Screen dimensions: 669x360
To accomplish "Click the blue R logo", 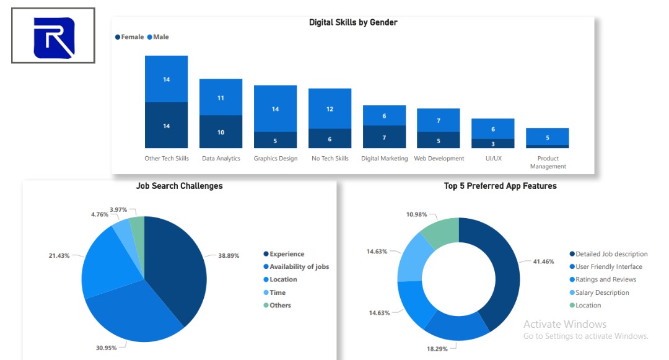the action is point(54,38).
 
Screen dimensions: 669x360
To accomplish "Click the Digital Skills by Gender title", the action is point(353,22).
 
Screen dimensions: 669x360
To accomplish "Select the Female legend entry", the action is point(129,37).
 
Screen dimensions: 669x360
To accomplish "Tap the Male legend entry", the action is point(158,37).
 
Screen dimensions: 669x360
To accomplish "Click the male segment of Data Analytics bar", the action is point(221,97).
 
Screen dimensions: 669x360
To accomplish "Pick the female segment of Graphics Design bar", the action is point(275,140).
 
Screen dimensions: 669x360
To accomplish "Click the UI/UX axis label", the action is point(494,158).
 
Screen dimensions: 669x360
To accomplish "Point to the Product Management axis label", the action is point(548,162).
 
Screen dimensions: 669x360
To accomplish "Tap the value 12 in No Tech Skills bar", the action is point(330,109).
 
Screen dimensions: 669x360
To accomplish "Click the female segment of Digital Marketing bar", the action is point(384,136).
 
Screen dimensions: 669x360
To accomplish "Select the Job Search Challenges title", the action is point(179,186).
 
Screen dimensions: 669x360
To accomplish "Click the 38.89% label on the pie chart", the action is point(229,255).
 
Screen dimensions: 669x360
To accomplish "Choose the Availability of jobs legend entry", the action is point(296,266).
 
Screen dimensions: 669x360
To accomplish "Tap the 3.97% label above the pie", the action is point(118,209).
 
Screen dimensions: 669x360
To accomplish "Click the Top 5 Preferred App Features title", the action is point(500,186).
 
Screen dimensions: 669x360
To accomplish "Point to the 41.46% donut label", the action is point(544,261).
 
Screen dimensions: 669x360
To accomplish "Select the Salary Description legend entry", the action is point(600,292).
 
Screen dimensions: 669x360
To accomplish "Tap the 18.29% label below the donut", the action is point(437,348).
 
